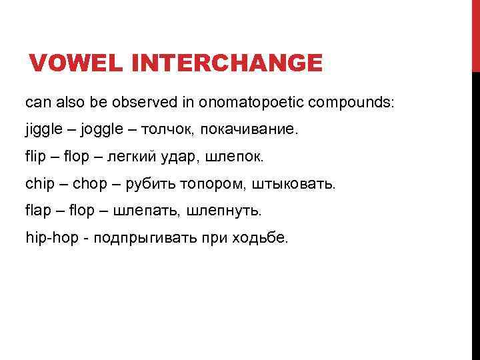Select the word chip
coord(40,184)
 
